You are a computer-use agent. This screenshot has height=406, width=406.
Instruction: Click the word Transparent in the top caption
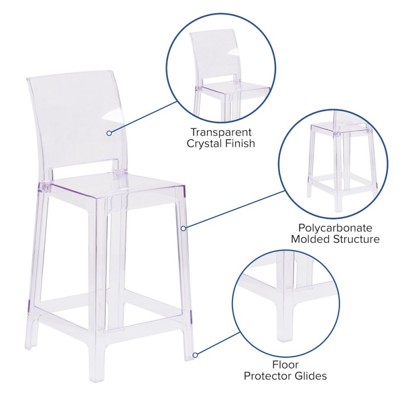[x=221, y=132]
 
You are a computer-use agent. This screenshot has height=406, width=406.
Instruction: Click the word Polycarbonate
[x=335, y=228]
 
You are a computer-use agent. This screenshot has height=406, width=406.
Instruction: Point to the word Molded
[x=311, y=239]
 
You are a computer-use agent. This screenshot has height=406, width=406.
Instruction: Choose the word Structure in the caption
[x=357, y=239]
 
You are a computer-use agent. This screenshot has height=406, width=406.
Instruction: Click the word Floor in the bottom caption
[x=285, y=364]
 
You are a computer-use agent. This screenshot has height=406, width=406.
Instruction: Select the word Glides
[x=311, y=376]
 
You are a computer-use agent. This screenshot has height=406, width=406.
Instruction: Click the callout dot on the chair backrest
[x=109, y=133]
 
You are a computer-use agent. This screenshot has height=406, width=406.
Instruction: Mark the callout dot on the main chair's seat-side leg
[x=183, y=228]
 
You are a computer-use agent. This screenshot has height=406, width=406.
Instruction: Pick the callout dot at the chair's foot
[x=195, y=355]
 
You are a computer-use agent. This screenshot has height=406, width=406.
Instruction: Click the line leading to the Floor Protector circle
[x=219, y=344]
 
